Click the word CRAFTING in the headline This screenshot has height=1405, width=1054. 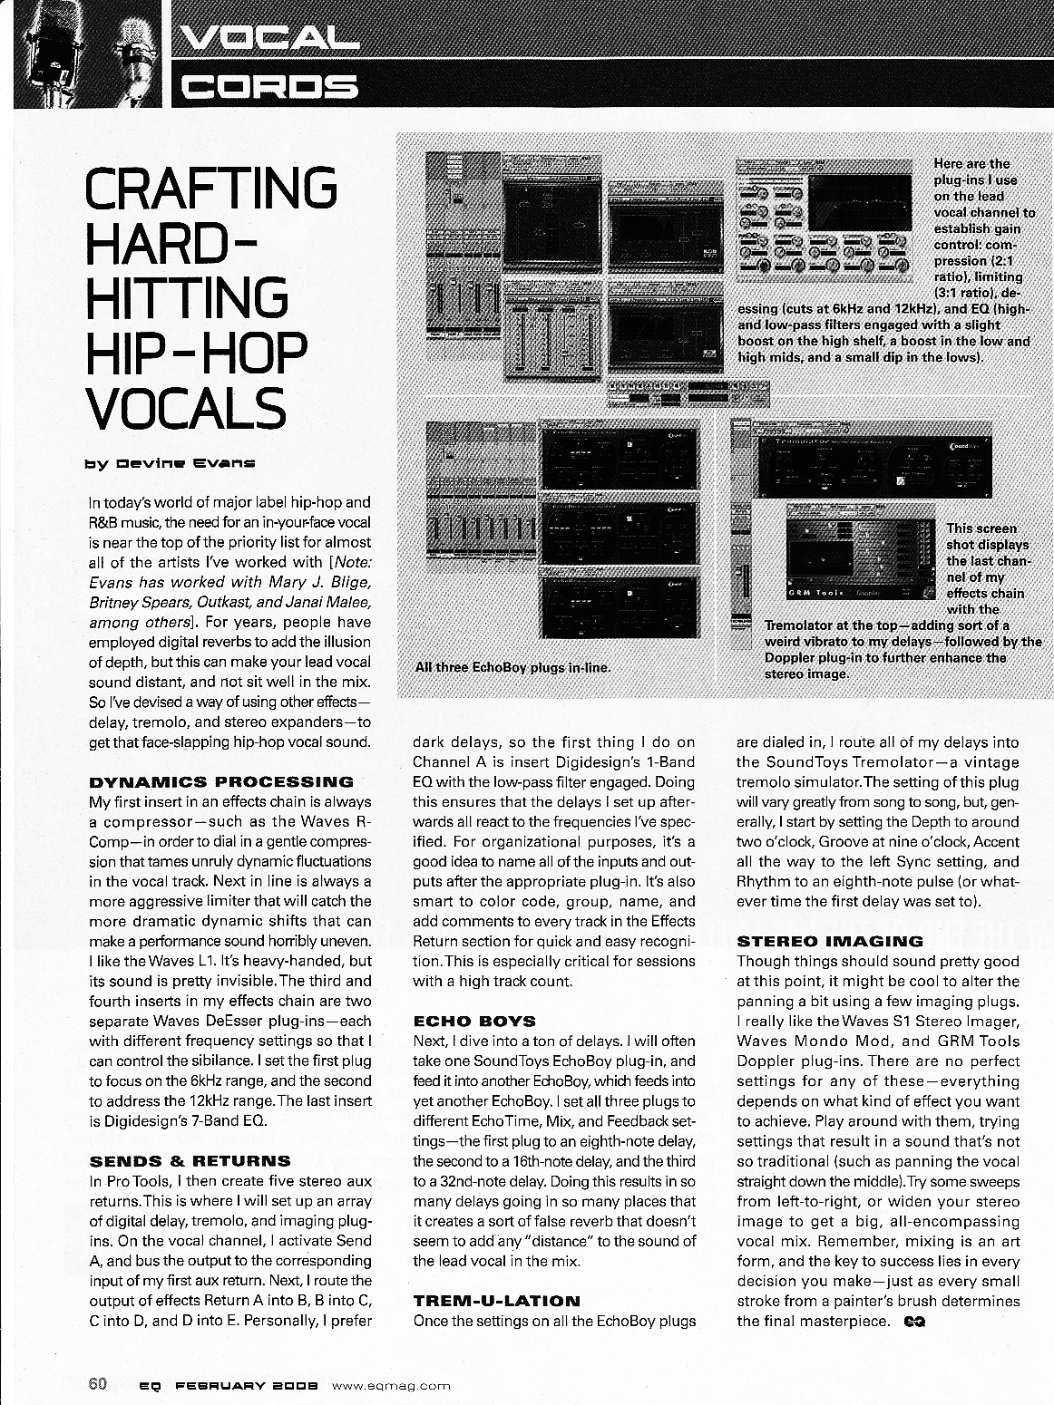[210, 188]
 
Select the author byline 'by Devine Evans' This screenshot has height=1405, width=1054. [171, 462]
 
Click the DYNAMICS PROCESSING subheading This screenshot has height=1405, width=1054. [221, 781]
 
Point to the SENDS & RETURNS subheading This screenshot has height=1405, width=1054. [190, 1160]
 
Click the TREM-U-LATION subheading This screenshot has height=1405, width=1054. [496, 1300]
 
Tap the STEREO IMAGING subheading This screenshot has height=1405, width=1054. [830, 941]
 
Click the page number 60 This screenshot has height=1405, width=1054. [98, 1384]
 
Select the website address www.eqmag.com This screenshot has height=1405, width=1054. [392, 1385]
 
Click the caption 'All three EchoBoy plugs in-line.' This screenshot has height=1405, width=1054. [512, 667]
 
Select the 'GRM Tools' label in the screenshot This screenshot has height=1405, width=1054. [815, 592]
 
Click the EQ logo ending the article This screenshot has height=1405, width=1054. [914, 1321]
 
